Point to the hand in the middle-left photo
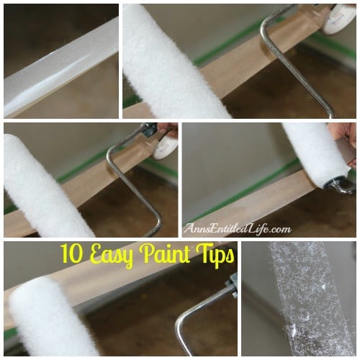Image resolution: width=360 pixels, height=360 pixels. tap(167, 140)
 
